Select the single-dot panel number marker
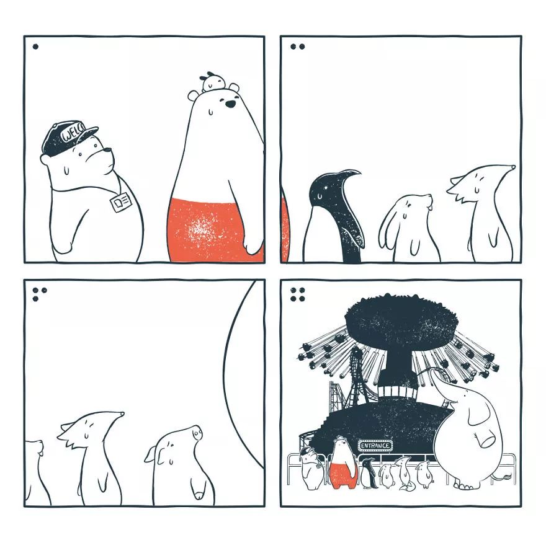click(x=35, y=46)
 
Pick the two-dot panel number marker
click(x=297, y=46)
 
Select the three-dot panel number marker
click(x=39, y=294)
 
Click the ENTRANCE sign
click(x=375, y=445)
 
